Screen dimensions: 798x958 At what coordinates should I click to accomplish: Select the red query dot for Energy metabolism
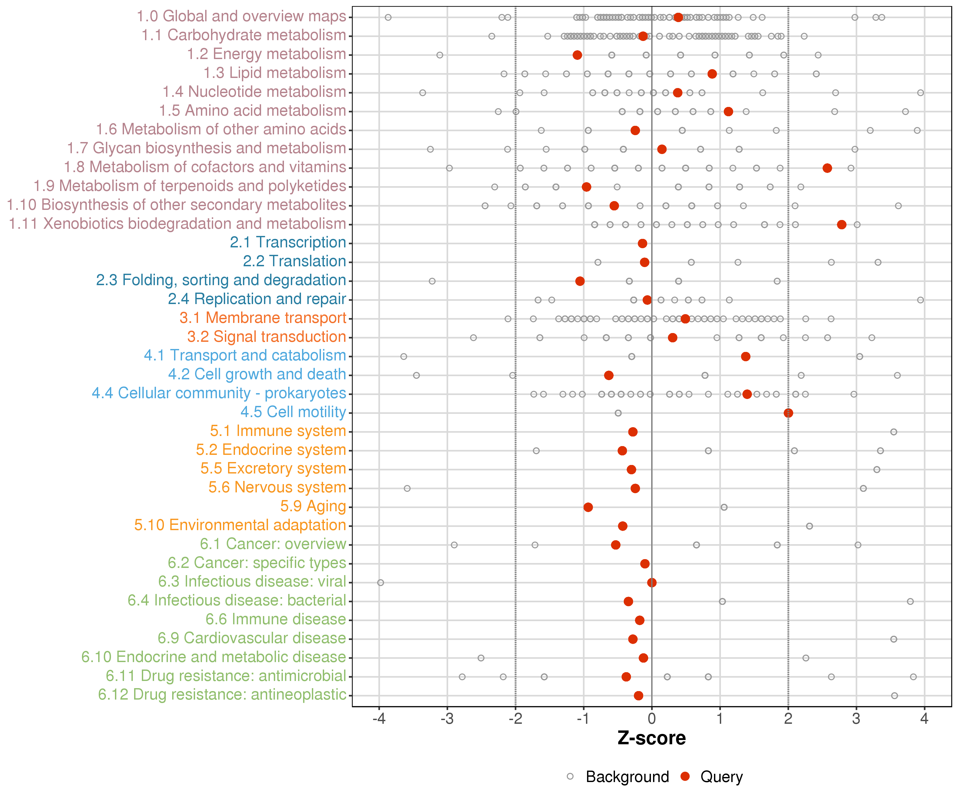pyautogui.click(x=577, y=55)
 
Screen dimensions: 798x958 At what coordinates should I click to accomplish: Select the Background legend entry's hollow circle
pyautogui.click(x=570, y=776)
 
